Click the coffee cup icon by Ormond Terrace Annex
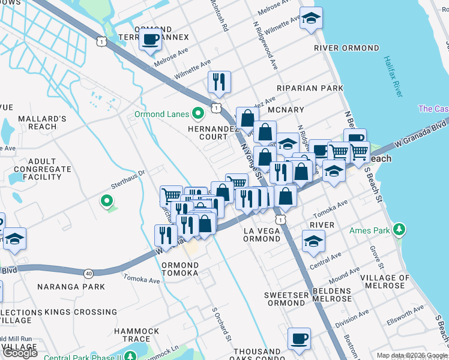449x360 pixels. [x=150, y=40]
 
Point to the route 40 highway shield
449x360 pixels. [x=89, y=274]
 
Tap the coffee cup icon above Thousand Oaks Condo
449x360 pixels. [x=299, y=339]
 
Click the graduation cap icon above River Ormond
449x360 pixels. [x=311, y=19]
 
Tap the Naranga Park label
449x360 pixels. [x=63, y=287]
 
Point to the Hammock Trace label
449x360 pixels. [x=137, y=335]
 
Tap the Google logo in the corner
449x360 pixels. [x=20, y=353]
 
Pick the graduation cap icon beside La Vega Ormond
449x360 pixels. [x=313, y=242]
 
